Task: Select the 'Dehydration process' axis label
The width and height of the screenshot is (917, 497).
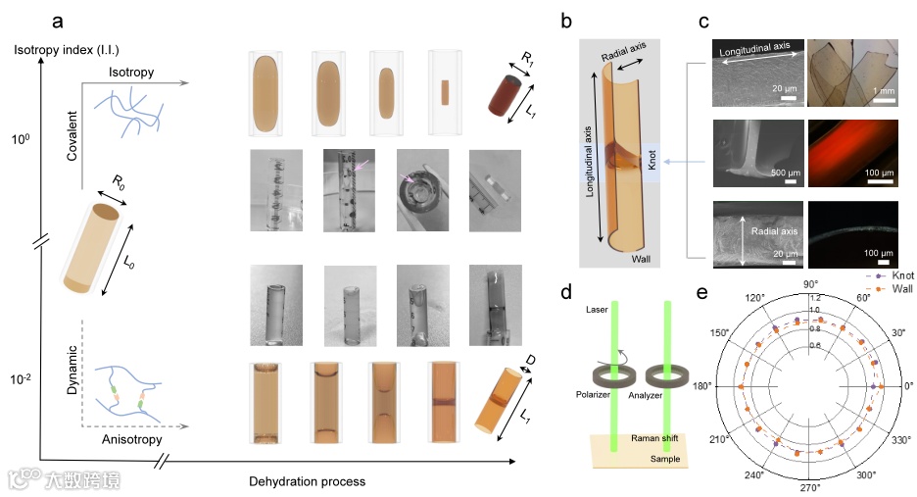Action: [x=308, y=481]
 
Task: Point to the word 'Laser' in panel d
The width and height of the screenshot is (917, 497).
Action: [x=598, y=310]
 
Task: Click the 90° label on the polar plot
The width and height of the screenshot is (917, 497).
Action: [x=810, y=284]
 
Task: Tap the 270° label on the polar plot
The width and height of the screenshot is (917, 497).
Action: [x=810, y=487]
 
